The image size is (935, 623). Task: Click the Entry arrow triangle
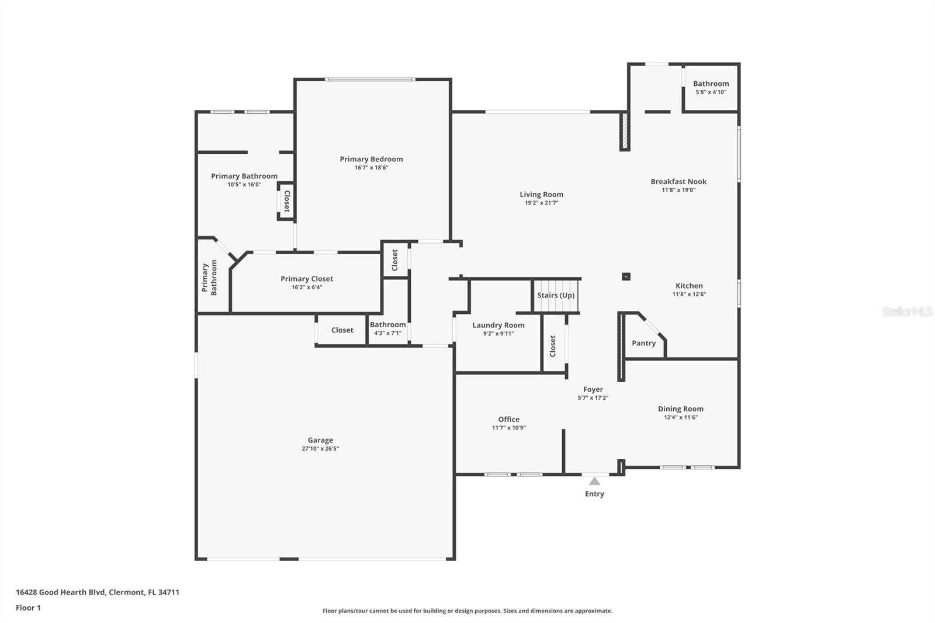(x=594, y=482)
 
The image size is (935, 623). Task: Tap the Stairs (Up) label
(x=556, y=295)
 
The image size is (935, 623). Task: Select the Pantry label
(x=643, y=343)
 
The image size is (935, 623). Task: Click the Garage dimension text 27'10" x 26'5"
(x=320, y=448)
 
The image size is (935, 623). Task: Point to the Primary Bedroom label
(x=371, y=159)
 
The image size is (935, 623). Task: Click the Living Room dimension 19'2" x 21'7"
(x=541, y=203)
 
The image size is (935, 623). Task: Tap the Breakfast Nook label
(x=678, y=182)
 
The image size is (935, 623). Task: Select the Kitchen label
(x=689, y=286)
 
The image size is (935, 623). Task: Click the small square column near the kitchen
(x=626, y=276)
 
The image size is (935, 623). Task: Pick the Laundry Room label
(x=498, y=325)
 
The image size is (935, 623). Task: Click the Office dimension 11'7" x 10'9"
(x=508, y=428)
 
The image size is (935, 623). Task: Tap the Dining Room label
(x=680, y=409)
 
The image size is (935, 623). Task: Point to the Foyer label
(x=593, y=389)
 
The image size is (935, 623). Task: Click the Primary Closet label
(x=307, y=279)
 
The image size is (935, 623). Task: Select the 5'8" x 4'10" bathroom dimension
(x=711, y=92)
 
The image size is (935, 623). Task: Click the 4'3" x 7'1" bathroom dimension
(x=388, y=333)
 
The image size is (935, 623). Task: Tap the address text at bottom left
(x=98, y=592)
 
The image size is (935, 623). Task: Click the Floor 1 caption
(x=29, y=608)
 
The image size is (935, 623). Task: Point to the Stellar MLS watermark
(x=908, y=311)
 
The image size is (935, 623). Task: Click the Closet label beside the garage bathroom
(x=342, y=330)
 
